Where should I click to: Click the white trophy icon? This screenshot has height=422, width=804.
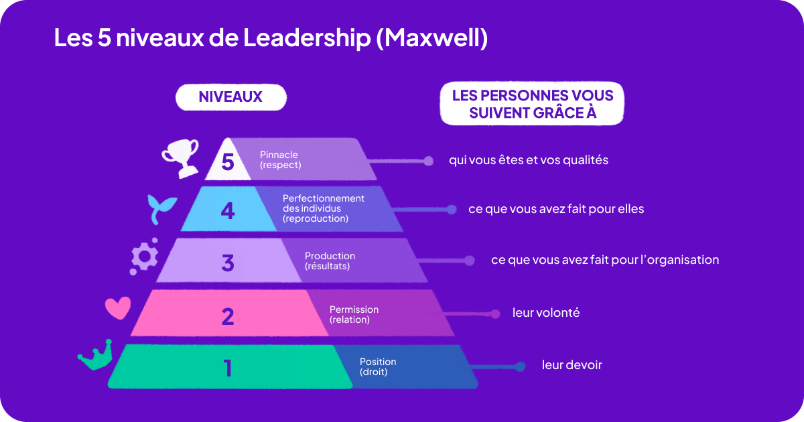[181, 157]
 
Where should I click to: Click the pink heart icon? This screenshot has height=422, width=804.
[118, 307]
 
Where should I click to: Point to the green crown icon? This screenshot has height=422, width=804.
[95, 356]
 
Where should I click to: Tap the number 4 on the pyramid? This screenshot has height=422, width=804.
[228, 212]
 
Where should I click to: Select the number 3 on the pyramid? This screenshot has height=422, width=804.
[228, 263]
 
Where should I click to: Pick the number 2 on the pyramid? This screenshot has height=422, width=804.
[228, 315]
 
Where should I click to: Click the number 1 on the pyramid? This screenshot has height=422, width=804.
[228, 368]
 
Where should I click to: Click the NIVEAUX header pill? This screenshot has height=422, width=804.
[230, 97]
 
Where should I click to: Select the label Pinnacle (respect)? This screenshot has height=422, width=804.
[280, 159]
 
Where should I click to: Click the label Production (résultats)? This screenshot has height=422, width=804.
[330, 261]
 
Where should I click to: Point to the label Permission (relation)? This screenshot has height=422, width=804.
[354, 314]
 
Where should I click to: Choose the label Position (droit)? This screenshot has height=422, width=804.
[378, 366]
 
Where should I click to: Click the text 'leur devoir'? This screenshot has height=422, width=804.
[572, 365]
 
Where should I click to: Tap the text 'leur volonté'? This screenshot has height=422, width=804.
[546, 313]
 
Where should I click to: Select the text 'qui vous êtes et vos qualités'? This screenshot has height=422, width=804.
[529, 161]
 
